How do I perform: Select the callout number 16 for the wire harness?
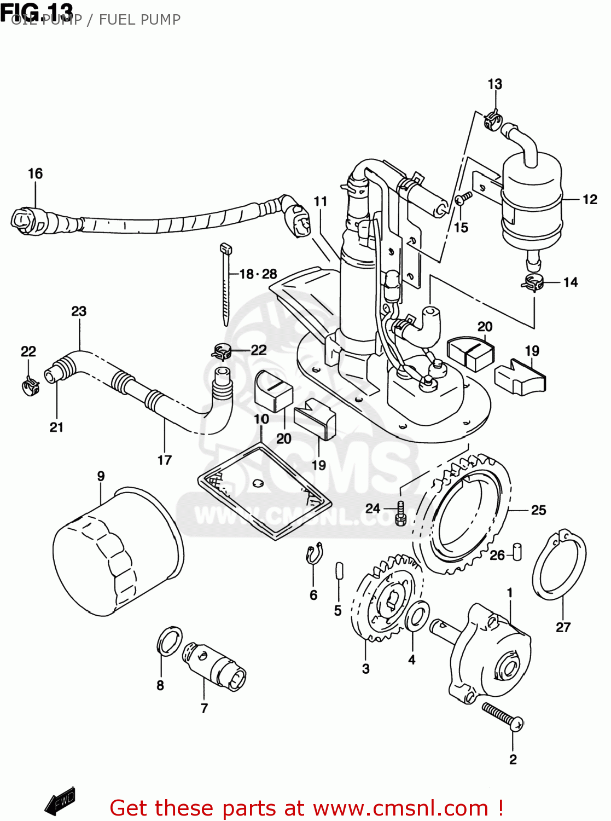[x=35, y=174]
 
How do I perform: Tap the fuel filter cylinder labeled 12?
[x=532, y=200]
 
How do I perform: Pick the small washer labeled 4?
[x=417, y=615]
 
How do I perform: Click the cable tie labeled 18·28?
[x=225, y=285]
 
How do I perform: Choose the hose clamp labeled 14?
[x=532, y=283]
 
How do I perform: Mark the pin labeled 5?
[x=339, y=569]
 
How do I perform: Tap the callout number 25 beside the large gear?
[x=538, y=510]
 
